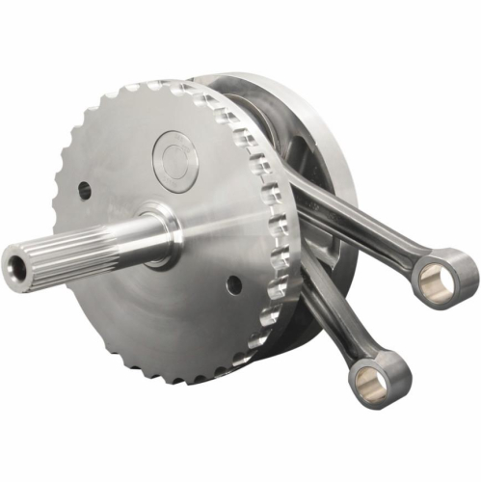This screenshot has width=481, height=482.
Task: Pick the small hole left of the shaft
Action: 85,190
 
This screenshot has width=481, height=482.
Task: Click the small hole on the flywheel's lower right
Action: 233,284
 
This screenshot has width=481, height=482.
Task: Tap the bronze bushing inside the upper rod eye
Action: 444,277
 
